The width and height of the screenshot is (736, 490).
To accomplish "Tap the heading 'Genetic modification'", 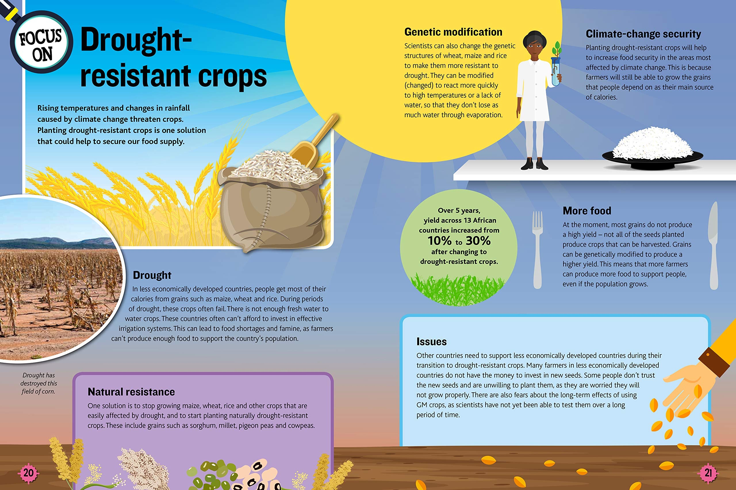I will click(453, 32).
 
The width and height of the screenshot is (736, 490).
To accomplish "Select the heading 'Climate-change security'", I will click(643, 34).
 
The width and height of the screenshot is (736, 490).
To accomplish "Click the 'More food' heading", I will click(586, 211).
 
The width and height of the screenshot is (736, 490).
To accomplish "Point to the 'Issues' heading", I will click(431, 342).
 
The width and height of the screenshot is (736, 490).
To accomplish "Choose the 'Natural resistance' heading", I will click(131, 391).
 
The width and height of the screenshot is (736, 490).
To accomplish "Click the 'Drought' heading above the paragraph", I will click(152, 275).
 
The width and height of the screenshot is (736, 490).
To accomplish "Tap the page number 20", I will click(28, 473).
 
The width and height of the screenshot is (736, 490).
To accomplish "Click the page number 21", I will click(708, 473).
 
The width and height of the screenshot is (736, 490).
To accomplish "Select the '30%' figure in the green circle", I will click(478, 241).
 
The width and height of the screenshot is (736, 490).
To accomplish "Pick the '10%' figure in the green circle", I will click(440, 241).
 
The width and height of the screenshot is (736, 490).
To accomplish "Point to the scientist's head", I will click(534, 44).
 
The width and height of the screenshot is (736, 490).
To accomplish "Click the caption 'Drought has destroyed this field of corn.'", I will click(39, 383).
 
